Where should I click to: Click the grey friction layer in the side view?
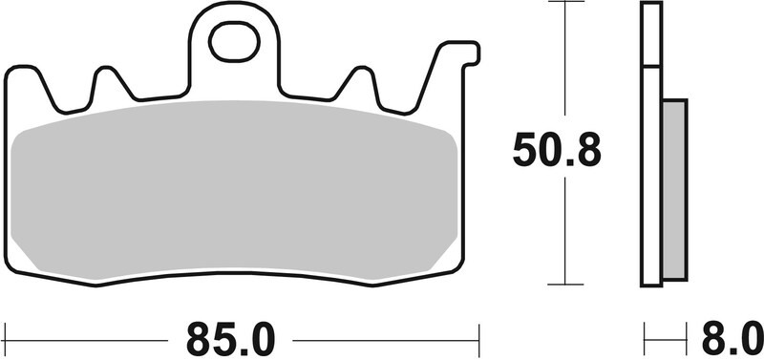(x=674, y=189)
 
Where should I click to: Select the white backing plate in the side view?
(x=650, y=143)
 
